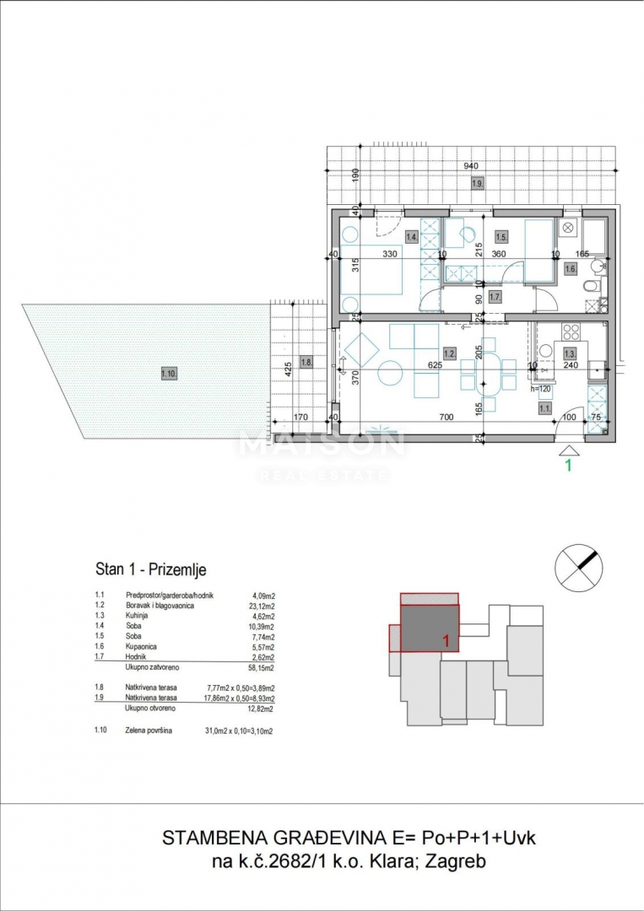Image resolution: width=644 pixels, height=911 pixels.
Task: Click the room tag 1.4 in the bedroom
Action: click(x=412, y=237)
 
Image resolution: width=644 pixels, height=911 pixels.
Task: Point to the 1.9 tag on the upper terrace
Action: click(x=478, y=184)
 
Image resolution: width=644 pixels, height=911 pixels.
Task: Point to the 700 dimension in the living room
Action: click(x=446, y=417)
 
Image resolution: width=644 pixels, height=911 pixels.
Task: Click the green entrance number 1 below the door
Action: click(x=568, y=464)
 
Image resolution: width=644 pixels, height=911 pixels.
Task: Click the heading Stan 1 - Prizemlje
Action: click(x=150, y=570)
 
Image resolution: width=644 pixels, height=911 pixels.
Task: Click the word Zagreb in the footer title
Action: click(x=456, y=861)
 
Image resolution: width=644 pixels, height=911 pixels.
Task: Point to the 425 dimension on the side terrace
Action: click(x=289, y=368)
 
